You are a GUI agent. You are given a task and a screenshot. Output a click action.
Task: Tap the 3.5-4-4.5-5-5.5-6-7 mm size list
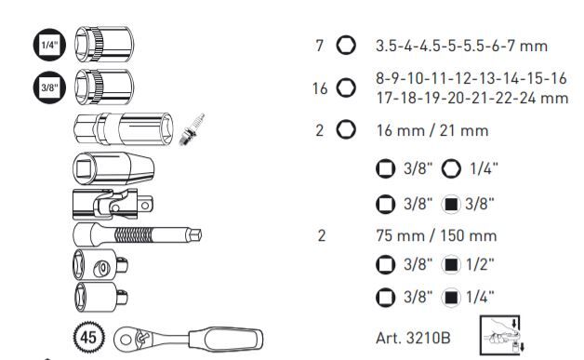click(x=460, y=45)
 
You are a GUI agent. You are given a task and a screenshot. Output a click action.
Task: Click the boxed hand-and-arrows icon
click(x=498, y=333)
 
